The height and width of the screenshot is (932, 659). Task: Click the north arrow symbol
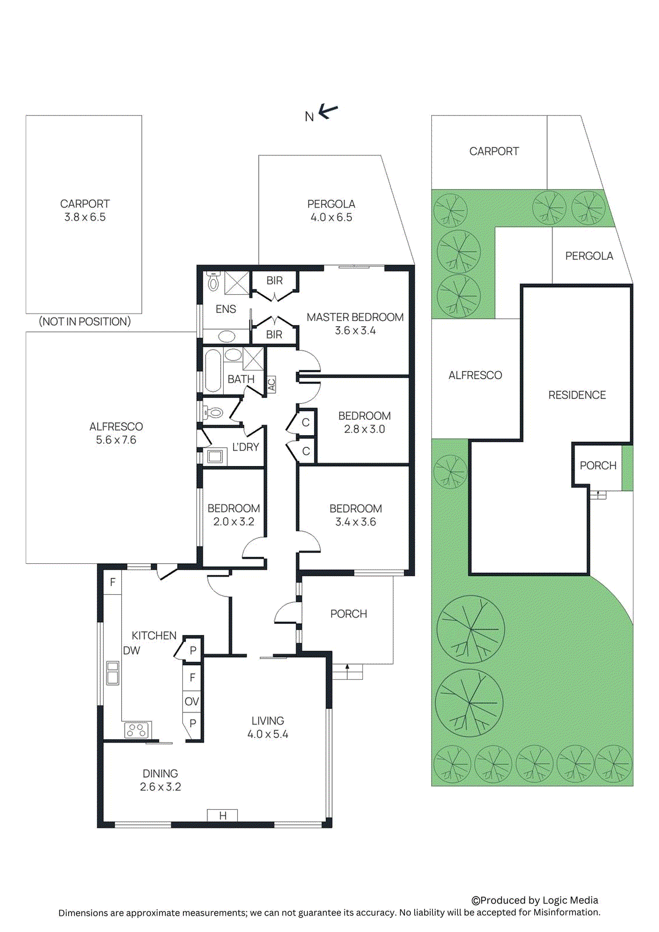point(328,111)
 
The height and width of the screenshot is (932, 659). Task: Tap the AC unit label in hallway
point(272,384)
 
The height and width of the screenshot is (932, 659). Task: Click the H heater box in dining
point(223,815)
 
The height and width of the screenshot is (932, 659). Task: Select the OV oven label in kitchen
point(192,701)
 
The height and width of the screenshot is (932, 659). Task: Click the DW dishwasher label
point(132,651)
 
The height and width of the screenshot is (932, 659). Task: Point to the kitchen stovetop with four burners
point(137,729)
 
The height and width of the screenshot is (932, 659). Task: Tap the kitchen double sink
point(112,673)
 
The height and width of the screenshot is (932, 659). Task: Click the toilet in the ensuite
point(214,282)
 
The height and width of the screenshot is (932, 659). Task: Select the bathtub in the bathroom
point(213,370)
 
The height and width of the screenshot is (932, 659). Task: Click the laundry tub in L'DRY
point(215,456)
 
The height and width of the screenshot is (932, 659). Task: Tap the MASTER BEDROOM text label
point(355,317)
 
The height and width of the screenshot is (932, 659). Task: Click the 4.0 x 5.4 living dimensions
point(267,735)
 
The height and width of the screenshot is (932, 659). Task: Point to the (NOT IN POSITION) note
point(84,322)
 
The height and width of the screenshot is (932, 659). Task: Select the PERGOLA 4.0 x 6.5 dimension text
point(331,217)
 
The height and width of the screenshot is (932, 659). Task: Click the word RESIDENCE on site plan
point(577,395)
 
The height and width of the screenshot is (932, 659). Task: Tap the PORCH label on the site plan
point(598,465)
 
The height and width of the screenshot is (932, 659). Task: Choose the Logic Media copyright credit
point(534,900)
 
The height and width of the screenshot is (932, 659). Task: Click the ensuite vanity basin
point(226,336)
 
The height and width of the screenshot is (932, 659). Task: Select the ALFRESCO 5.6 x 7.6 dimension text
point(116,440)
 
